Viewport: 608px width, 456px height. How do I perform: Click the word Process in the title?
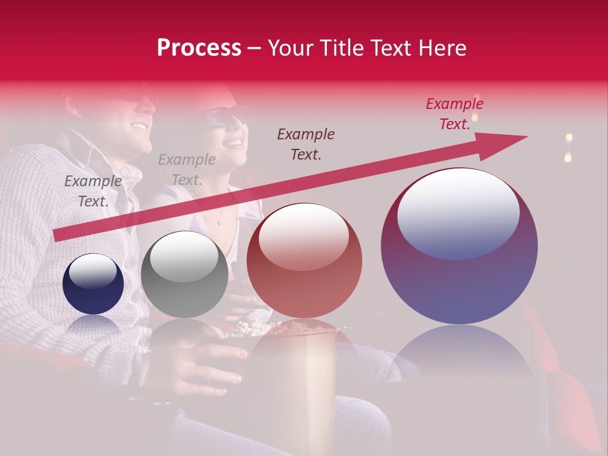click(x=199, y=48)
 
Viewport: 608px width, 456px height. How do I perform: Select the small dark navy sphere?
click(x=93, y=284)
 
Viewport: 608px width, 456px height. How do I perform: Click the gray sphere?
click(x=184, y=274)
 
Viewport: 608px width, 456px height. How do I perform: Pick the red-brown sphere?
click(x=304, y=260)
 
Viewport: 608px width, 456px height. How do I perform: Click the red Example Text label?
click(x=454, y=114)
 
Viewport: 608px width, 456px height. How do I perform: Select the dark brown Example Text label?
click(x=306, y=144)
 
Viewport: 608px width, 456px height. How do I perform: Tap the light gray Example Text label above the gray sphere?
click(x=186, y=170)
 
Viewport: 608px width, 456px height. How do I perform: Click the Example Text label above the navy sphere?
click(x=93, y=191)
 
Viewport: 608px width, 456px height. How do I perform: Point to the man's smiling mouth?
click(x=138, y=125)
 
